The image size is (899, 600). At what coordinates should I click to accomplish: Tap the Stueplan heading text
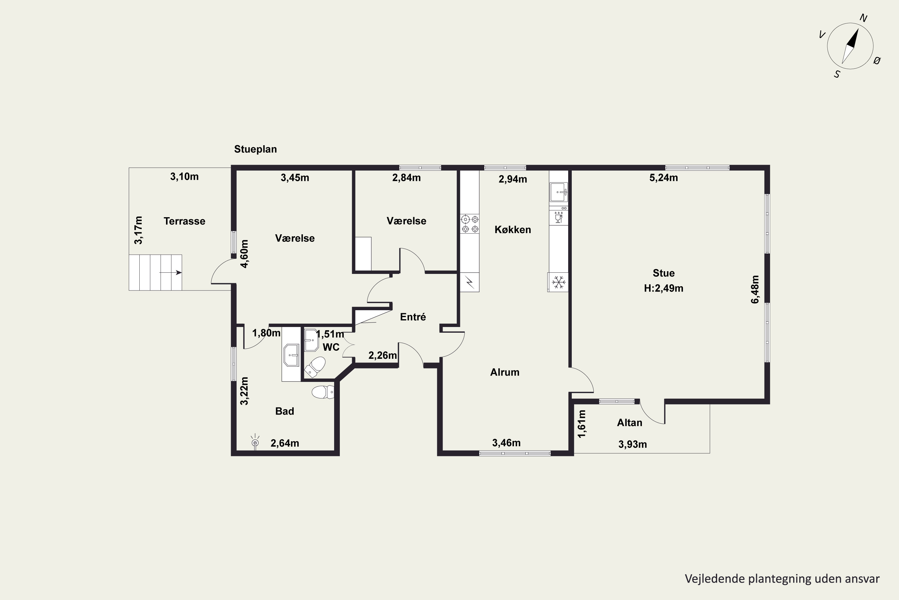point(255,149)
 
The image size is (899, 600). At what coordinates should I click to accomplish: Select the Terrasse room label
point(185,221)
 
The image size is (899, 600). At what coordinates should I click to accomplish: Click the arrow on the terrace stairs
point(171,272)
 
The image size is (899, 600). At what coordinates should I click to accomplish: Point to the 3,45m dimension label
point(295,178)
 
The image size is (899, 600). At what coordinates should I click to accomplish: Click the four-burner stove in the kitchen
point(470,224)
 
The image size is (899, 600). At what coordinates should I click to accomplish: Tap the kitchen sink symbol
point(559,192)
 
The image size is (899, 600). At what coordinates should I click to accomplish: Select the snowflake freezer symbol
point(559,282)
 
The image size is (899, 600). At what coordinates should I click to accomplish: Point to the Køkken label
point(512,229)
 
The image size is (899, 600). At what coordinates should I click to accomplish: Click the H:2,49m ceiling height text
point(663,288)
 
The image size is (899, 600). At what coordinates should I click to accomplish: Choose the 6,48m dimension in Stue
point(755,289)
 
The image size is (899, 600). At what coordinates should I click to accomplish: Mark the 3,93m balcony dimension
point(633,444)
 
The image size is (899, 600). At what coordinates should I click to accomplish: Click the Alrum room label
point(505,372)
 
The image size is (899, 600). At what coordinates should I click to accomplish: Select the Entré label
point(413,317)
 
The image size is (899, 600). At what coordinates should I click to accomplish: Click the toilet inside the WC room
point(315,367)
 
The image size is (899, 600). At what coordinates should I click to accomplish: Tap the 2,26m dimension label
point(383,355)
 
